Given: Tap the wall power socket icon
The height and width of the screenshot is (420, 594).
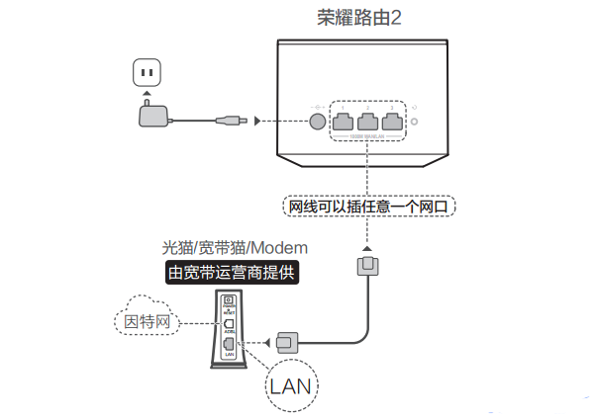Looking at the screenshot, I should point(148,72).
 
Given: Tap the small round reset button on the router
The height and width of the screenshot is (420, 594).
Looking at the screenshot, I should point(417,123).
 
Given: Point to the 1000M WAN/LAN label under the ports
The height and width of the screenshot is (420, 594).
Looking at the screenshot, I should point(369,139).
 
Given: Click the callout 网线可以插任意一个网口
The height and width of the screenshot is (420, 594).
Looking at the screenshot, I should point(367,207).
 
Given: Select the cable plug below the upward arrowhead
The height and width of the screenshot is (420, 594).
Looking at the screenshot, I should point(366,265).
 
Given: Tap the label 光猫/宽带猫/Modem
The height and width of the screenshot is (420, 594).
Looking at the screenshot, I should point(235,246).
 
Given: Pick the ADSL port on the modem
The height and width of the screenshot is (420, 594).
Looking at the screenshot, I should point(229,323).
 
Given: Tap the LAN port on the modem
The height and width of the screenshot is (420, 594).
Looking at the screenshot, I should point(229,343).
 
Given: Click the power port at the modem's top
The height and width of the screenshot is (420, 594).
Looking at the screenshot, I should point(229,300).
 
